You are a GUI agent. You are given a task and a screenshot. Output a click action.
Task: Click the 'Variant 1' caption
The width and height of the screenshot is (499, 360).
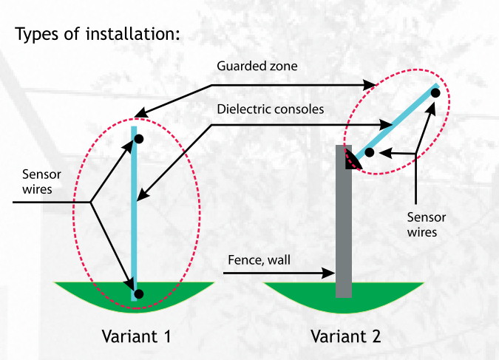pyautogui.click(x=136, y=336)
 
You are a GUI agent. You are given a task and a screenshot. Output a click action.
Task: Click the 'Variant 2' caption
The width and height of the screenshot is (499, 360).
pyautogui.click(x=345, y=336)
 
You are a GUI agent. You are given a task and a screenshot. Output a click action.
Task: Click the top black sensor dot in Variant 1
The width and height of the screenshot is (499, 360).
pyautogui.click(x=138, y=138)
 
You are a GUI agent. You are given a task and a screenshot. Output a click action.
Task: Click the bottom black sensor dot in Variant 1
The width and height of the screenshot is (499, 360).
pyautogui.click(x=138, y=293)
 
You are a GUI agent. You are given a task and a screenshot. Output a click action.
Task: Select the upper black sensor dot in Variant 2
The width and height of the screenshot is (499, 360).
pyautogui.click(x=435, y=101)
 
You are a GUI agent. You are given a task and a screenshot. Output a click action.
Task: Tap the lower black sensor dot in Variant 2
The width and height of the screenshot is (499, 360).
pyautogui.click(x=369, y=153)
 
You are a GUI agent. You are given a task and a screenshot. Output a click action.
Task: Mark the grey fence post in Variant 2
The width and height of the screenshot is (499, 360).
pyautogui.click(x=344, y=229)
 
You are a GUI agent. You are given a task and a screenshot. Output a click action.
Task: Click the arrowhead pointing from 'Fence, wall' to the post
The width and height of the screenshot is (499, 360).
pyautogui.click(x=330, y=274)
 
